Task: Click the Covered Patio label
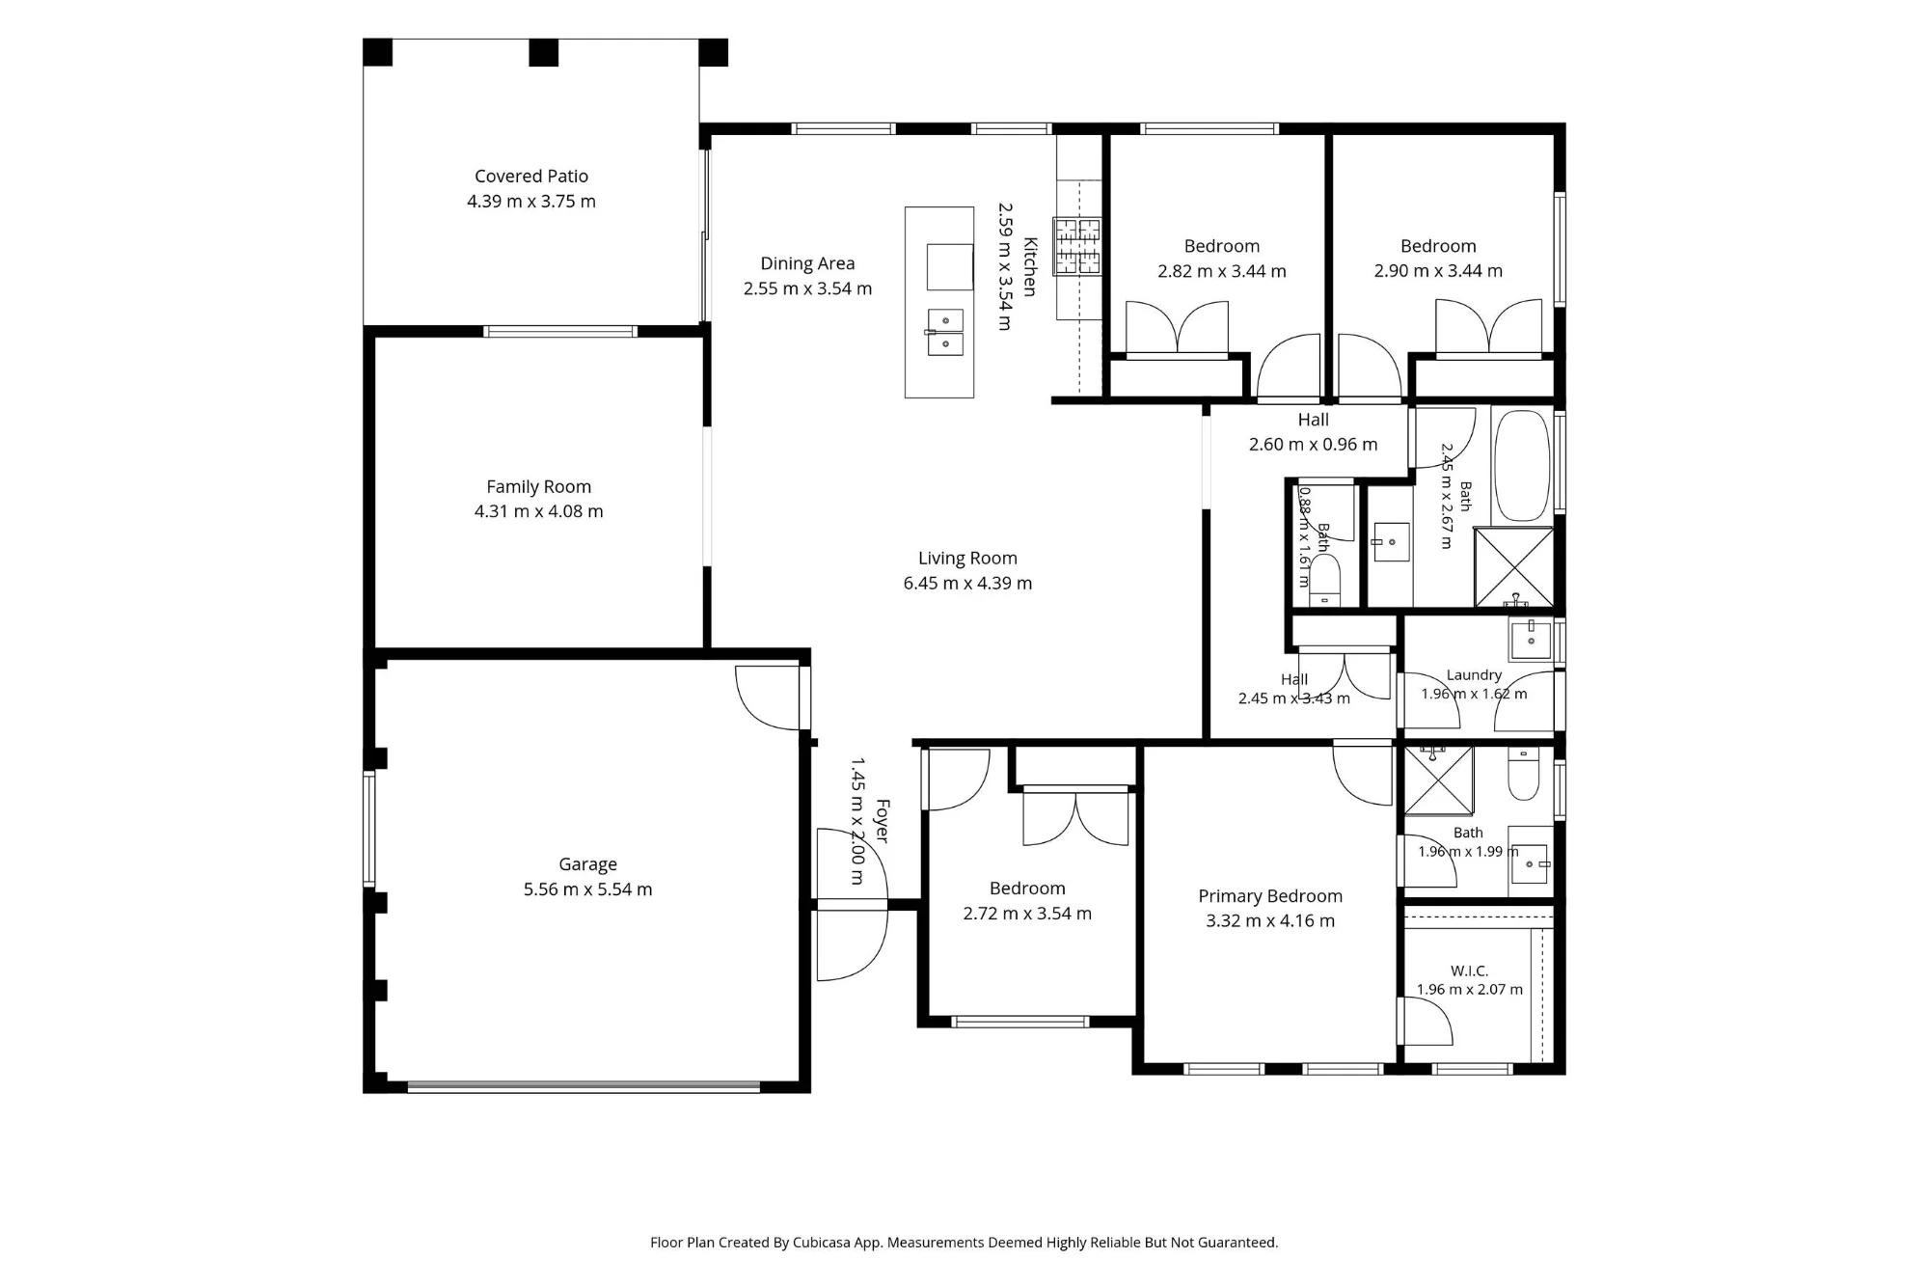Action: [x=531, y=177]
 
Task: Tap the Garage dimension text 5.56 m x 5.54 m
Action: [x=587, y=889]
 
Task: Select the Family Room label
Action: [x=538, y=487]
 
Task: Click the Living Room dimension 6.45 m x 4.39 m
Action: [x=967, y=583]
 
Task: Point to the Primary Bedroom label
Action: [x=1270, y=896]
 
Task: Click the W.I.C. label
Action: [x=1469, y=971]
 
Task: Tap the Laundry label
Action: [x=1474, y=675]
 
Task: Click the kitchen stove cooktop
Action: [x=1077, y=245]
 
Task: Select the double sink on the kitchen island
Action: [x=945, y=332]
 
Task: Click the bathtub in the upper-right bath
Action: [x=1522, y=467]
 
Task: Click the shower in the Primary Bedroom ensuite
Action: [x=1439, y=780]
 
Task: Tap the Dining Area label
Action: [x=807, y=263]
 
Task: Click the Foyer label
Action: [x=882, y=821]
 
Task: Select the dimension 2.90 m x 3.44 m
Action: [x=1438, y=271]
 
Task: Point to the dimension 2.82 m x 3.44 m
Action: [x=1222, y=271]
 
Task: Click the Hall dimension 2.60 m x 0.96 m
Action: [x=1313, y=445]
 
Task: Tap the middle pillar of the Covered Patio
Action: [x=544, y=52]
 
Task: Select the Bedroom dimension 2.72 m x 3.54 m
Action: [x=1027, y=914]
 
